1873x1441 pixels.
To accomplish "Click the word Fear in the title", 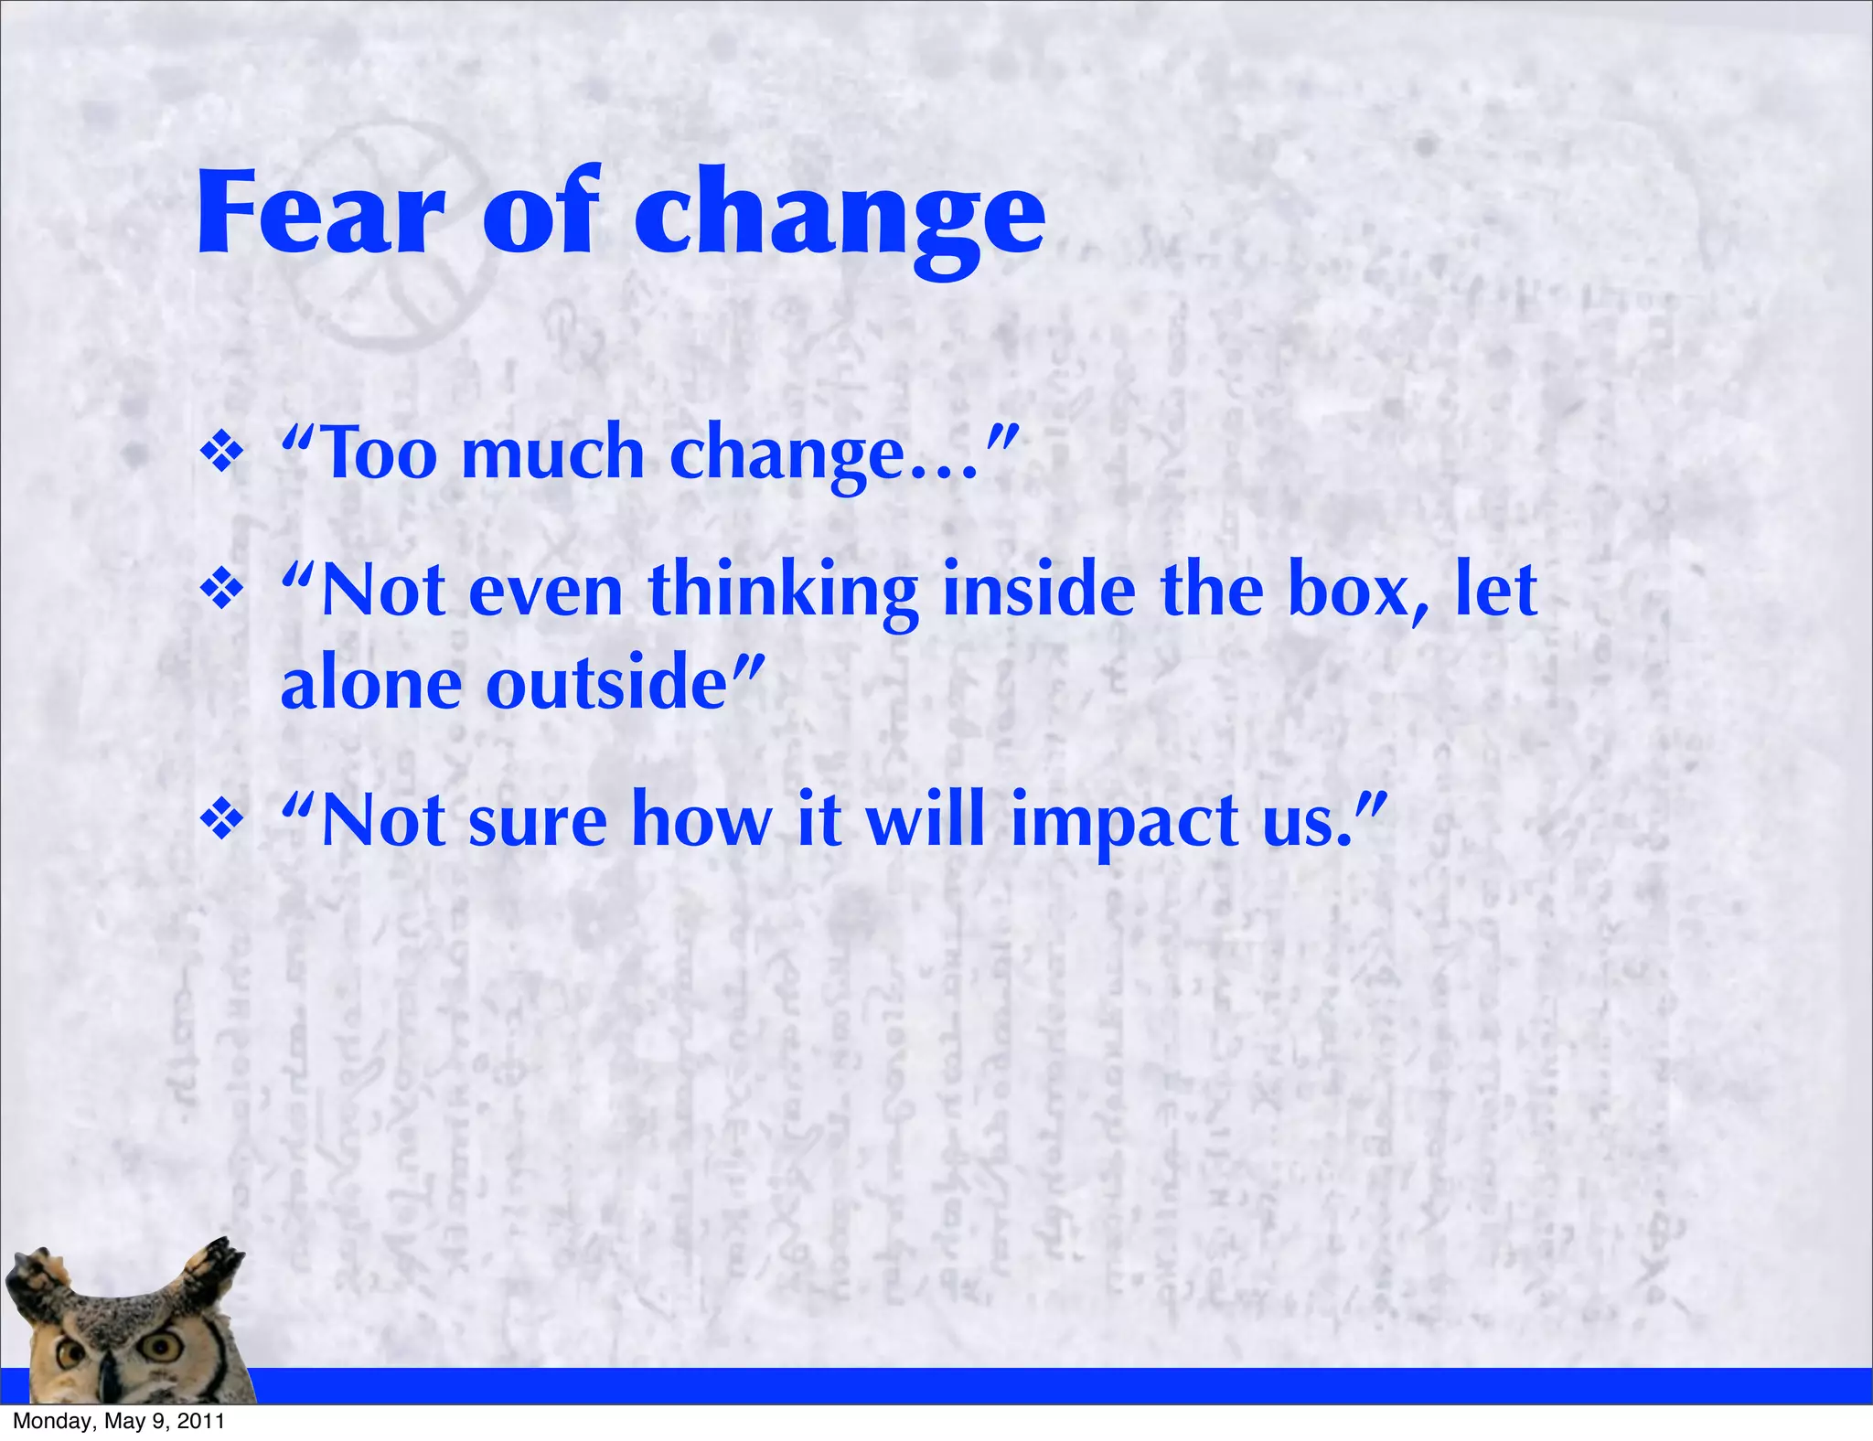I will click(320, 214).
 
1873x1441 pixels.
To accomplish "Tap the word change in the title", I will click(840, 219).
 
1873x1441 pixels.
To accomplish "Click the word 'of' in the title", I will click(540, 214).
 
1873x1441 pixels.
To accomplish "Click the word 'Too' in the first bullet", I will click(380, 454).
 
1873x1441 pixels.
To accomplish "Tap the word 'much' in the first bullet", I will click(553, 454).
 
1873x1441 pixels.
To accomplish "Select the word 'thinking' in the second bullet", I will click(783, 592).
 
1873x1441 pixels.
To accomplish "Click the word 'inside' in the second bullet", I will click(1039, 591).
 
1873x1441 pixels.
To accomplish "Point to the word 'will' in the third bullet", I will click(926, 820).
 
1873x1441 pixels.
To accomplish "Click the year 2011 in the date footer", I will click(201, 1421).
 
